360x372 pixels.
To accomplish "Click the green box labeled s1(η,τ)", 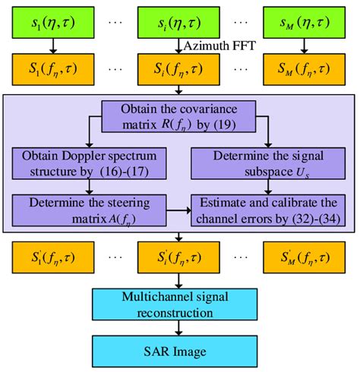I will pyautogui.click(x=52, y=25).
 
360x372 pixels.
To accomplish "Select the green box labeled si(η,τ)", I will pyautogui.click(x=181, y=25).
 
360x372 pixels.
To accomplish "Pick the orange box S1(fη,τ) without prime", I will pyautogui.click(x=52, y=71).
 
